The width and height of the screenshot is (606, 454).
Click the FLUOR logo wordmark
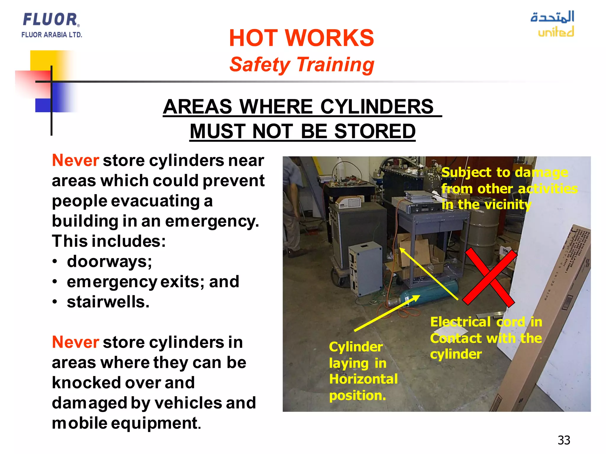coord(50,20)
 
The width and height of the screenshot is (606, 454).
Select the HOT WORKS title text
coord(301,38)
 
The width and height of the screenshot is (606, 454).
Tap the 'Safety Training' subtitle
coord(302,65)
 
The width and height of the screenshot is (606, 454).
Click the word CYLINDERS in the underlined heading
coord(377,107)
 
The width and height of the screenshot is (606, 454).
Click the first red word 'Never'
coord(75,161)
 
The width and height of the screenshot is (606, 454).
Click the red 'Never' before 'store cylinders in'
coord(75,343)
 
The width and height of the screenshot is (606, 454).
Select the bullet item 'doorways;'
coord(109,262)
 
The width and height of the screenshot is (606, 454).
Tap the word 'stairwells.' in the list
coord(108,302)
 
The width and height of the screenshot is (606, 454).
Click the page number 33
coord(564,440)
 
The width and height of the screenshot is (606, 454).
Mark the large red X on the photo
coord(490,277)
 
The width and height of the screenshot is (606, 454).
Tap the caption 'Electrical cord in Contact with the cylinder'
coord(486,338)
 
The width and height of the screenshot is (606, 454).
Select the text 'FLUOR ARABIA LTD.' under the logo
coord(51,35)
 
